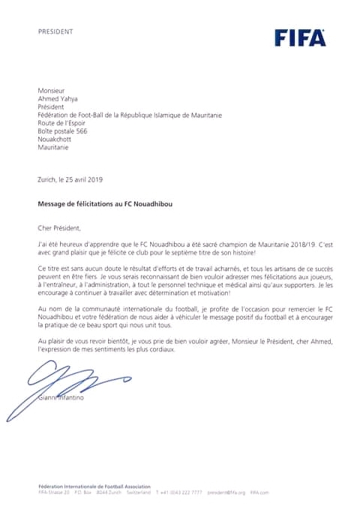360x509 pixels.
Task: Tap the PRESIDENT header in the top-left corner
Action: tap(55, 31)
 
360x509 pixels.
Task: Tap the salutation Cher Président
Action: tap(58, 228)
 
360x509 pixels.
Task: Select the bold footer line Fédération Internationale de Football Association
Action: tap(94, 486)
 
